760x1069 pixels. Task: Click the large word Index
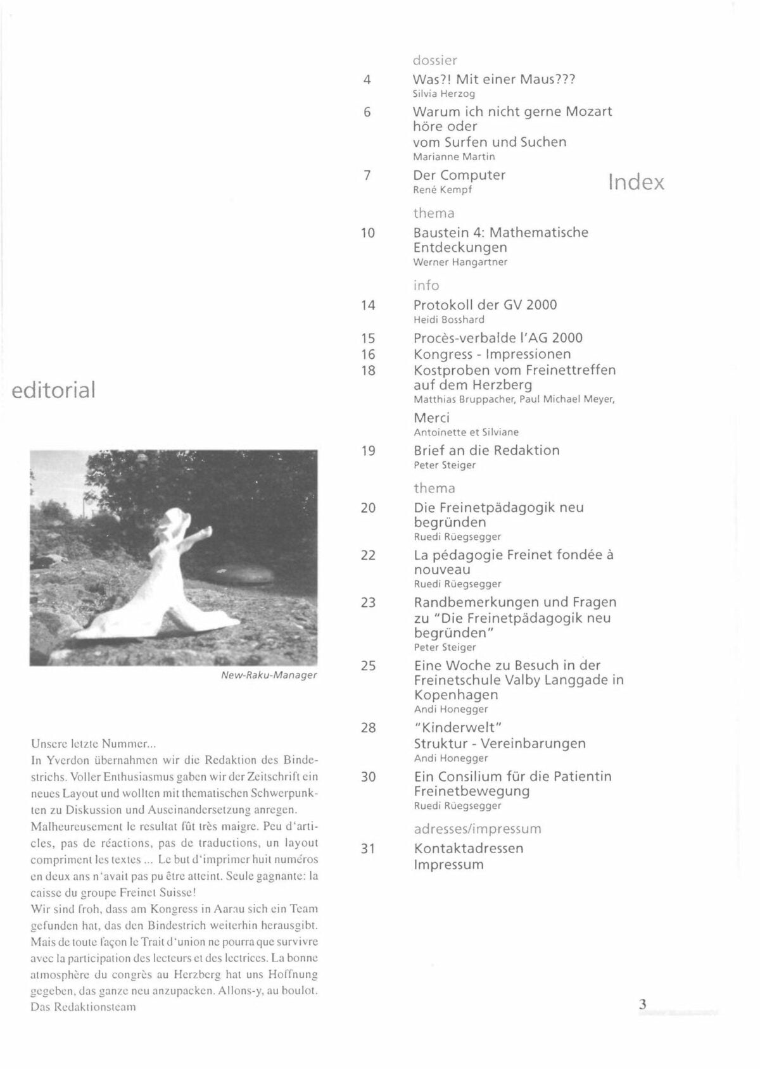click(636, 182)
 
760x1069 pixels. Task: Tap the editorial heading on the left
click(53, 389)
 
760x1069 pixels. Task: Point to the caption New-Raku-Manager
click(269, 675)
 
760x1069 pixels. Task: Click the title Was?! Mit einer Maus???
click(493, 80)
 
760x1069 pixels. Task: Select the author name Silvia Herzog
click(443, 94)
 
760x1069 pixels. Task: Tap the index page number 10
click(368, 233)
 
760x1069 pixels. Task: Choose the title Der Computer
click(459, 175)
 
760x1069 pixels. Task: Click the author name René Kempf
click(443, 189)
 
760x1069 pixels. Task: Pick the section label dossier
click(434, 61)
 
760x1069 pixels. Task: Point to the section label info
click(426, 285)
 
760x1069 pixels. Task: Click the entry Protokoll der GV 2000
click(485, 305)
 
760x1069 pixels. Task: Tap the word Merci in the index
click(431, 418)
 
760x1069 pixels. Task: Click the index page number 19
click(368, 451)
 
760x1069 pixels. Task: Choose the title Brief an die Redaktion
click(486, 451)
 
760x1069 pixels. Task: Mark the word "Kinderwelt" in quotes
click(457, 727)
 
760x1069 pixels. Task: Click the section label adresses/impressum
click(478, 828)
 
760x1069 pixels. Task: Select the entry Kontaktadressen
click(469, 848)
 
